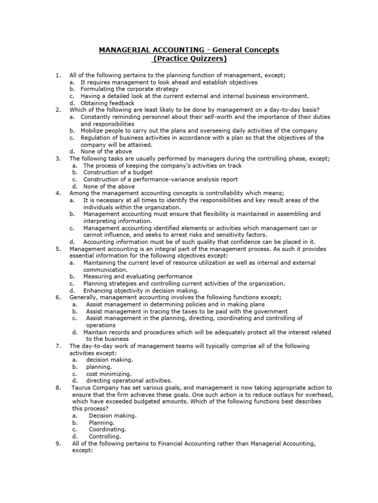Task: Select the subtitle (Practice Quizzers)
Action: coord(189,59)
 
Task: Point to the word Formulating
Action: coord(97,89)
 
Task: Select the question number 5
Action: coord(58,249)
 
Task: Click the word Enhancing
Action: coord(99,290)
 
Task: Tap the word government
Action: coord(269,311)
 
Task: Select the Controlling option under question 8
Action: coord(104,436)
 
